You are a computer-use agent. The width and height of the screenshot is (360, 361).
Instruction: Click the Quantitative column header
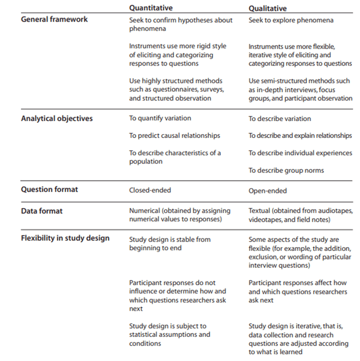[151, 8]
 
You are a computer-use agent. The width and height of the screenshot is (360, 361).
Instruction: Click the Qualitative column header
[267, 8]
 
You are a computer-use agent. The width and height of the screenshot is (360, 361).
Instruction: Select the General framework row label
[55, 20]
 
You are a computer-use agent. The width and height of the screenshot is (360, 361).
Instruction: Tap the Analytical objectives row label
[56, 118]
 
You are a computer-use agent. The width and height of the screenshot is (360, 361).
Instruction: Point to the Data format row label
[42, 211]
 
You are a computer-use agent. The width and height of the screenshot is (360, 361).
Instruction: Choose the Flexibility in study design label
[65, 238]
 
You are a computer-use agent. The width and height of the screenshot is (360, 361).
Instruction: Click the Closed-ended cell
[150, 190]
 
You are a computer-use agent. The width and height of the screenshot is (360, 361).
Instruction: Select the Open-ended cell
[267, 191]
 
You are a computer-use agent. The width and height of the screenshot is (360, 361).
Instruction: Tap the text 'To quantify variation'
[160, 118]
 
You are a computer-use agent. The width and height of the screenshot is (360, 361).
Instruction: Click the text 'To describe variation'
[280, 119]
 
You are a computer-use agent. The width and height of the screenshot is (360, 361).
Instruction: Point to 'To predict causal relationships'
[174, 136]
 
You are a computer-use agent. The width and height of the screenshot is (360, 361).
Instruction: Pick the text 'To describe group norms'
[286, 170]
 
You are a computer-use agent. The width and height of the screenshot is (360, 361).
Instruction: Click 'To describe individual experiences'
[300, 153]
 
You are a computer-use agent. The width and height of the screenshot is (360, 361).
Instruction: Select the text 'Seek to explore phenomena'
[291, 20]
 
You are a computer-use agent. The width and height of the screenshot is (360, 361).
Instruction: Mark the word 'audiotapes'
[335, 211]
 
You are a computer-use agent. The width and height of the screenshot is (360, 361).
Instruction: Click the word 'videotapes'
[266, 220]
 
